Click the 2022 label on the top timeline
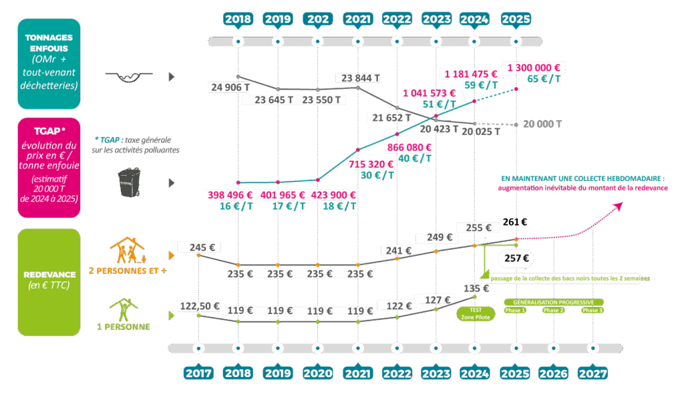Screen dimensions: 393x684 396,19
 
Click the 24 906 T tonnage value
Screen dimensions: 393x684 230,87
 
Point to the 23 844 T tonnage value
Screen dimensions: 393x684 361,78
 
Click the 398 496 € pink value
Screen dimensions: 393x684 230,195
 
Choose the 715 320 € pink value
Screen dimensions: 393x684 370,164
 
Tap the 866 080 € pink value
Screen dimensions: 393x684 409,147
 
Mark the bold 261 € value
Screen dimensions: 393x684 514,222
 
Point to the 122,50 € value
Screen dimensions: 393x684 198,306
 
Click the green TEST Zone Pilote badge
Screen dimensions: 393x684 475,313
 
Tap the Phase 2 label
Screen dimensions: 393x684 553,311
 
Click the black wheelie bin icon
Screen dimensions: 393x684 128,182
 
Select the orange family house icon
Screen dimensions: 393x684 128,251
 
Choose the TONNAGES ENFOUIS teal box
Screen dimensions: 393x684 49,63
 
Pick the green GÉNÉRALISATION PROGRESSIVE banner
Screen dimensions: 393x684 554,302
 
